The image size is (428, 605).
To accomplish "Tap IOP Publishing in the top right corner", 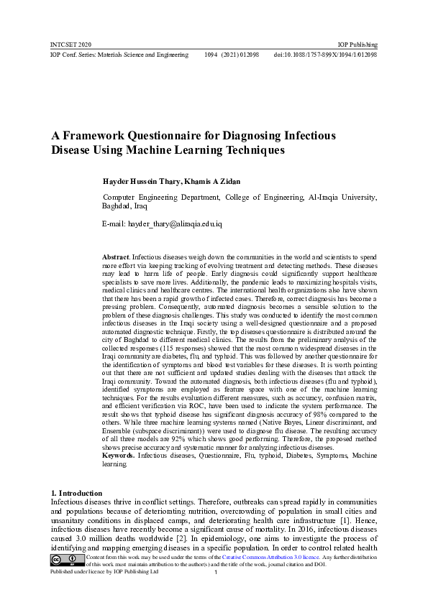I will (358, 45).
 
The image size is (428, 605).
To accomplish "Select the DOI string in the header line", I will (325, 55).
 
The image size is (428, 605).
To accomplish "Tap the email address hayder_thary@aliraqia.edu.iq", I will (175, 225).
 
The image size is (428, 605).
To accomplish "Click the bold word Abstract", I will (116, 257).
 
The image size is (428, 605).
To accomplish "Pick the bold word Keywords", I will (118, 456).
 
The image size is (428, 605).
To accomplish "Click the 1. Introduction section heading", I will (76, 493).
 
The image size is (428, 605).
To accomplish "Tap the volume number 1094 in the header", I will (212, 55).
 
